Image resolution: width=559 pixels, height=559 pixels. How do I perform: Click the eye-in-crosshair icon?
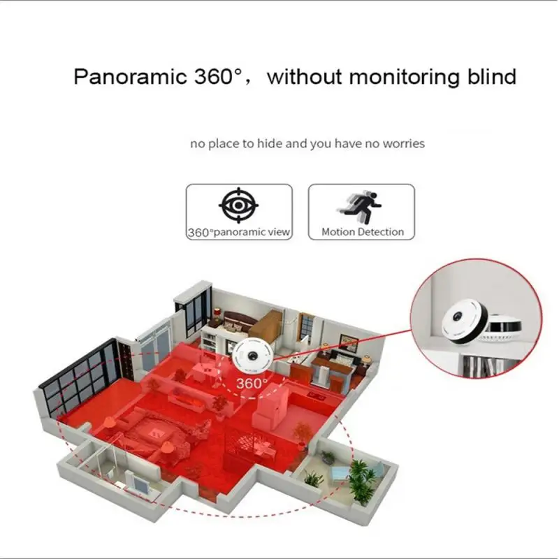click(239, 204)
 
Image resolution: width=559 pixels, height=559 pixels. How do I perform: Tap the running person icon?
click(362, 204)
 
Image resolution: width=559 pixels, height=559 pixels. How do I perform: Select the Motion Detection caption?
click(362, 232)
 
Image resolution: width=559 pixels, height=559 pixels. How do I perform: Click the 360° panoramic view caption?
click(239, 232)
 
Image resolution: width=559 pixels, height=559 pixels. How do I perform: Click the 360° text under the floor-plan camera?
click(252, 383)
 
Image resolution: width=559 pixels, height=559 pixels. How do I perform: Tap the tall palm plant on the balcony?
click(361, 478)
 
